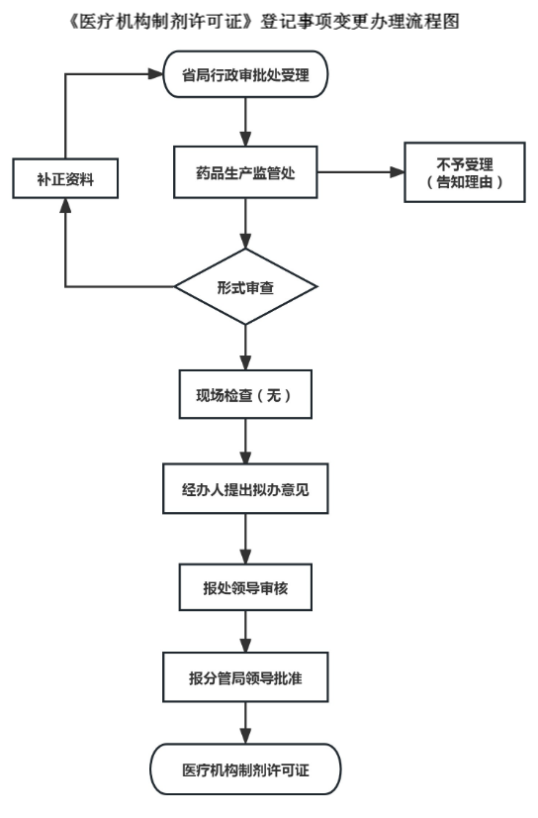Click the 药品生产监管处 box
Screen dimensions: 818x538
point(245,174)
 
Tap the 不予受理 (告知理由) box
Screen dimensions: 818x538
point(463,174)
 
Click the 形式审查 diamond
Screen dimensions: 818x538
point(245,288)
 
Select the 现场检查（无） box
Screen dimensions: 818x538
point(245,395)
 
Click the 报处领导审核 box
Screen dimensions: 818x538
point(245,588)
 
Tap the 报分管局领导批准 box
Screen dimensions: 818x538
point(245,682)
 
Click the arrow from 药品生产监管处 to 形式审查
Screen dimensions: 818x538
point(245,229)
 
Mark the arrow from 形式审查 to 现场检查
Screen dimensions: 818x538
point(245,346)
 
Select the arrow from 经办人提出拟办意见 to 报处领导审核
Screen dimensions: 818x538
point(245,541)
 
